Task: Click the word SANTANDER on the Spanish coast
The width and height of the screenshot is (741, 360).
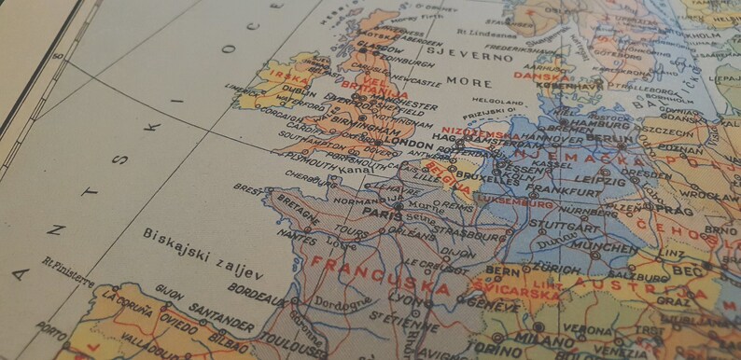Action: pos(222,320)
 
